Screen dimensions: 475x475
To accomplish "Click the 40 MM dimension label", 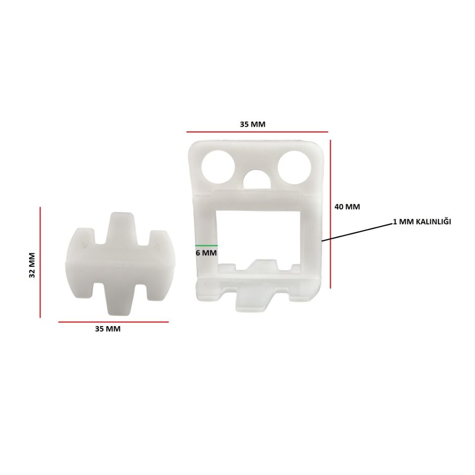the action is (347, 207).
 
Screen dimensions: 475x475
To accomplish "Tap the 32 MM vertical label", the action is (32, 265).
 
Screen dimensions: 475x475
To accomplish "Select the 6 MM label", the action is (206, 253).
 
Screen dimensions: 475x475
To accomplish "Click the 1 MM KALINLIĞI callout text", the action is (422, 222).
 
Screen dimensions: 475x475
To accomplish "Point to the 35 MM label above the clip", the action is (253, 124).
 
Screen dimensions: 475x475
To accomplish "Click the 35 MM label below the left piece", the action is (108, 329).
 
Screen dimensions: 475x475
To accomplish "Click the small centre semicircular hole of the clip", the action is (257, 179).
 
